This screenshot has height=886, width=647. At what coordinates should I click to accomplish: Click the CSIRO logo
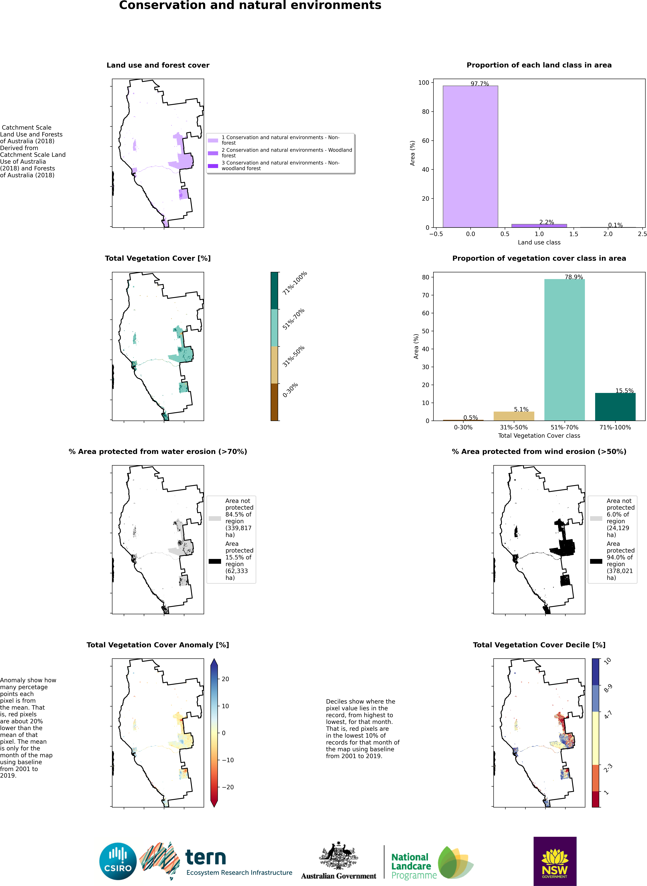click(x=118, y=862)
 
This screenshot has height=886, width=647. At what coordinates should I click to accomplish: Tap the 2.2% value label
click(x=546, y=222)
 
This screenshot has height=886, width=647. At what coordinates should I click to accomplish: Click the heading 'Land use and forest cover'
click(x=158, y=65)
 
